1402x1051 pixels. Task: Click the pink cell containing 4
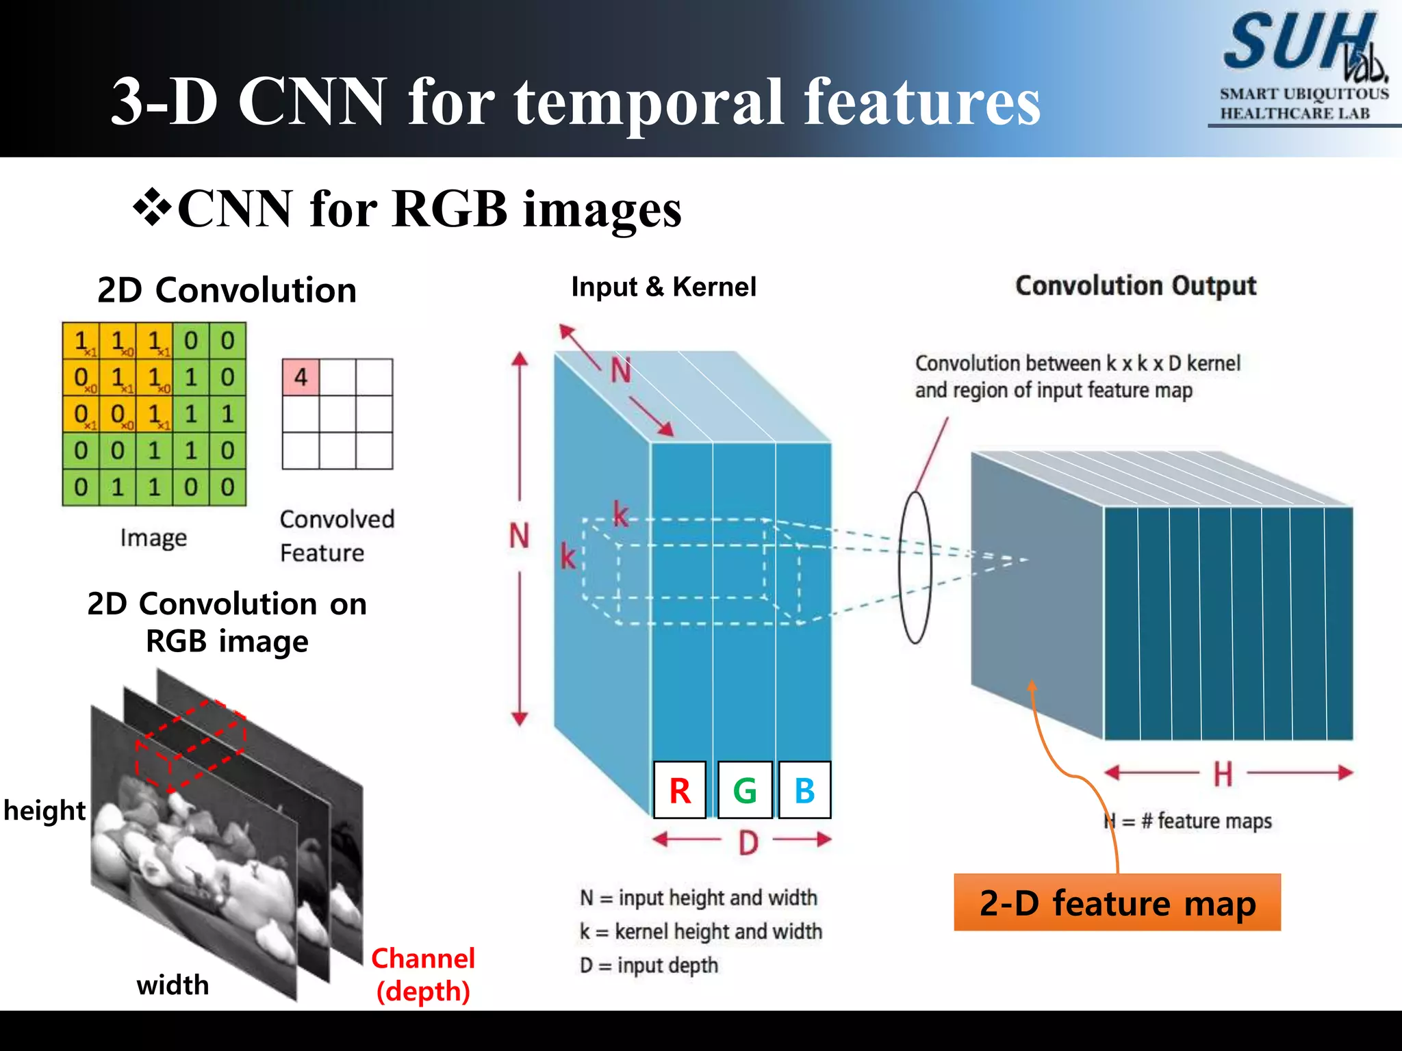click(301, 377)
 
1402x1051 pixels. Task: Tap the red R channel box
click(680, 790)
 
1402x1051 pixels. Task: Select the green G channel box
click(745, 790)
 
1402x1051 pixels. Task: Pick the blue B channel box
click(805, 790)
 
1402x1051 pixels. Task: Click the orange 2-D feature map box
click(1117, 903)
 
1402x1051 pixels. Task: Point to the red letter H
click(1223, 774)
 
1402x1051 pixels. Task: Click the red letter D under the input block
click(748, 842)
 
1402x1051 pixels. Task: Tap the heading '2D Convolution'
click(227, 290)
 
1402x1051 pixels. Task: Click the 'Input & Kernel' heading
click(663, 287)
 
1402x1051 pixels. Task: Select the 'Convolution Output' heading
click(1135, 286)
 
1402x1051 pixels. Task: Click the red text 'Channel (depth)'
click(423, 974)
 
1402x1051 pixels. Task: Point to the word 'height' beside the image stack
click(44, 810)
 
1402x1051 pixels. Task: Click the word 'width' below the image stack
click(173, 985)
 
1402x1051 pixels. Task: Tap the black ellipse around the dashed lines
click(915, 567)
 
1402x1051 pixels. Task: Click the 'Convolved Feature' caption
click(337, 536)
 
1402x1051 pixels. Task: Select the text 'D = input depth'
click(649, 965)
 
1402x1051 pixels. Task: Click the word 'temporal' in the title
click(650, 103)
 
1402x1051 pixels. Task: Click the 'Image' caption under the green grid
click(153, 538)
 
